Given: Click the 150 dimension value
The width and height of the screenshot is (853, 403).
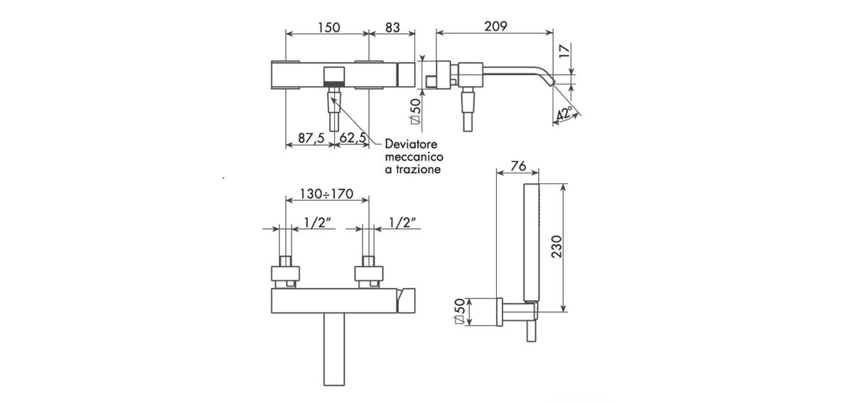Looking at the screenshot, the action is pyautogui.click(x=329, y=28).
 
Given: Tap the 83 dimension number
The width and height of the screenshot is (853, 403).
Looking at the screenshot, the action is pyautogui.click(x=392, y=28).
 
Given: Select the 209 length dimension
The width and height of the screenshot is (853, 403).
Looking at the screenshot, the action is pyautogui.click(x=496, y=26).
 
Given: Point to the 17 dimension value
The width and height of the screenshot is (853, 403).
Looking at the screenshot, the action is pyautogui.click(x=566, y=50).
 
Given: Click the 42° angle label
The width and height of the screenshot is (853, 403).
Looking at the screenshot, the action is pyautogui.click(x=564, y=114).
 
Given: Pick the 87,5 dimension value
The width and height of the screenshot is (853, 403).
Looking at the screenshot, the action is pyautogui.click(x=311, y=137).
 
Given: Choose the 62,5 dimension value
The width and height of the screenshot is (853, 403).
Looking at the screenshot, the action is pyautogui.click(x=353, y=137).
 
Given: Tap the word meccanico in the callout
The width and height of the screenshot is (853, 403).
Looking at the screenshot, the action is pyautogui.click(x=414, y=156).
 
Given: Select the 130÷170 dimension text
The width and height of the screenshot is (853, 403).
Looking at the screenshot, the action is pyautogui.click(x=327, y=194).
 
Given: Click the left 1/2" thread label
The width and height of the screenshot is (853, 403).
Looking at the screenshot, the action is pyautogui.click(x=317, y=222).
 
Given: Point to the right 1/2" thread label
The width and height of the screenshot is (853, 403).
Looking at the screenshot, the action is pyautogui.click(x=402, y=222).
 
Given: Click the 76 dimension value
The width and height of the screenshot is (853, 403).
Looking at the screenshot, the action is pyautogui.click(x=518, y=166).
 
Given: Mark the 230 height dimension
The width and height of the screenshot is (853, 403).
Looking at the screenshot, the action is pyautogui.click(x=557, y=247).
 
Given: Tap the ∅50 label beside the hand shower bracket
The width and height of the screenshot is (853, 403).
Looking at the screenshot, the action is pyautogui.click(x=460, y=311).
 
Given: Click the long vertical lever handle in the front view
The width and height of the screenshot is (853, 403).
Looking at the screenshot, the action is pyautogui.click(x=334, y=349).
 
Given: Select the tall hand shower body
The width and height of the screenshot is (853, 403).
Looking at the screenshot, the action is pyautogui.click(x=531, y=243).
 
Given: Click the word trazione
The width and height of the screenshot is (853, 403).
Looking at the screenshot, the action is pyautogui.click(x=418, y=169).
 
